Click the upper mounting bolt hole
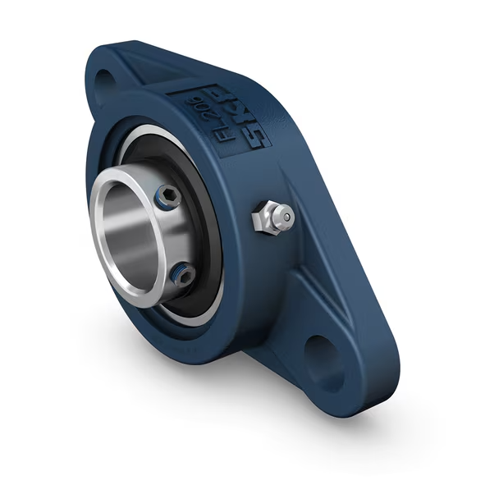105,79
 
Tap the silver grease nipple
274,217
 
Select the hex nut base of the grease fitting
261,220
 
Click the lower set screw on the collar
187,274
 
